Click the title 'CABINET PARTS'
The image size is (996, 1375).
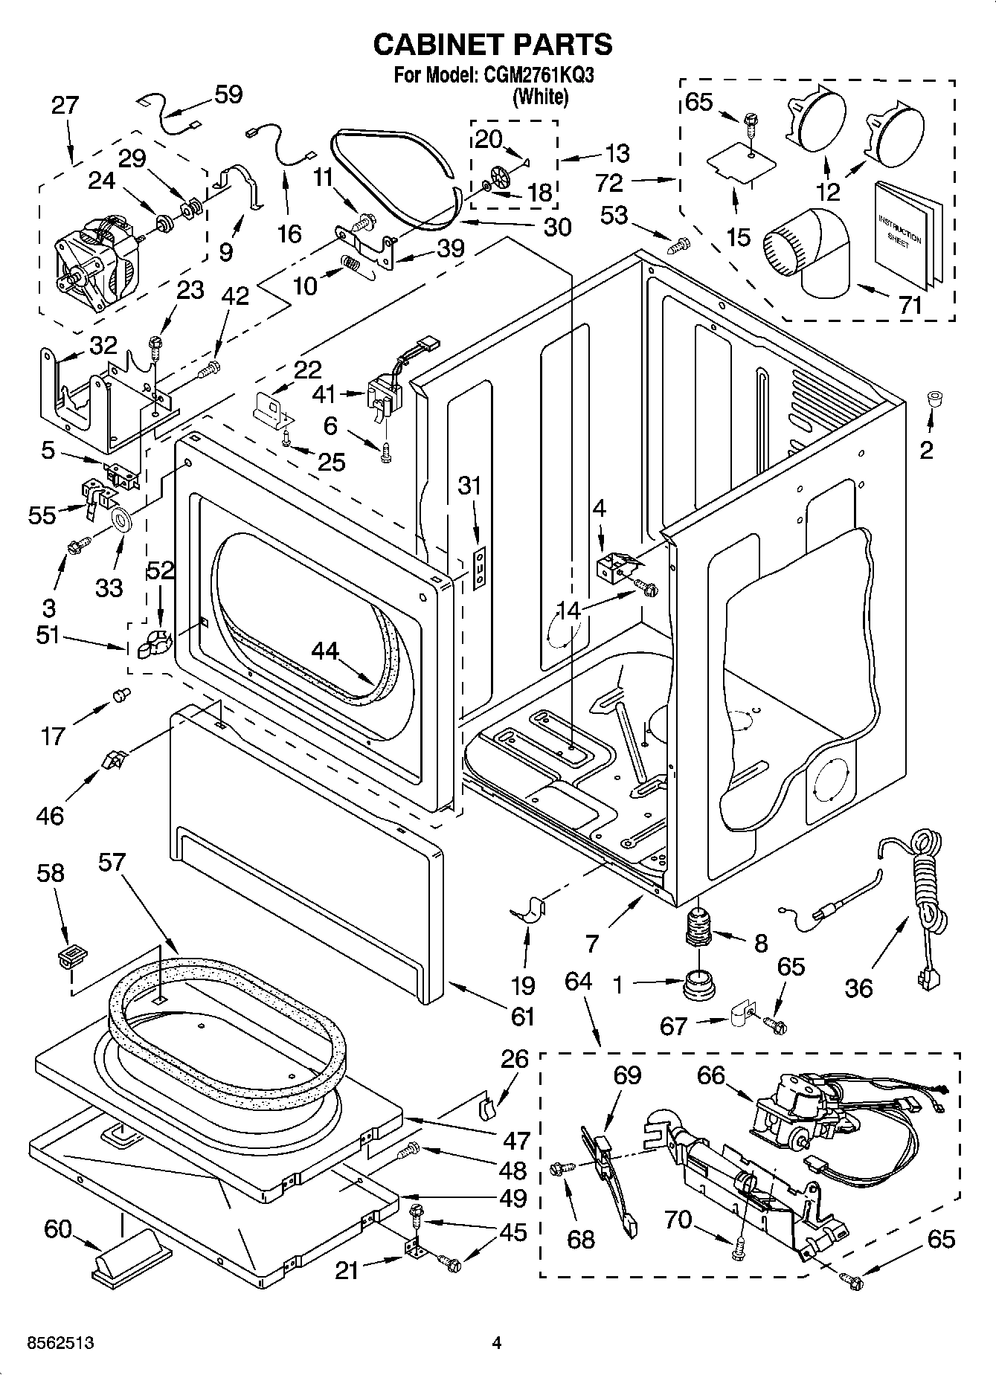[492, 45]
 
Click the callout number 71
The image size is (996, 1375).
[910, 305]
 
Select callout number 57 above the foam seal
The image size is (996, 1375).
[112, 863]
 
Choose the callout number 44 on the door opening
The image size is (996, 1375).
[325, 651]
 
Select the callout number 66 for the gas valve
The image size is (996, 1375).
[711, 1075]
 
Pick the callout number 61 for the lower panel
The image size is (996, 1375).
[523, 1015]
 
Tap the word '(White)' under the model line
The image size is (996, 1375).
[540, 97]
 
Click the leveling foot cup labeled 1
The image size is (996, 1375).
[698, 984]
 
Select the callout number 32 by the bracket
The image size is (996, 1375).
[103, 344]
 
